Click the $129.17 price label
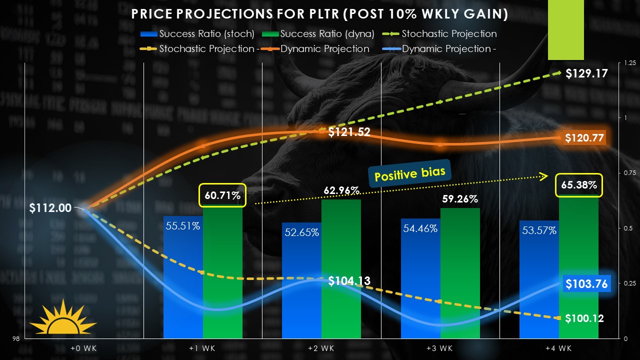586,74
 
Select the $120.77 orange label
584,138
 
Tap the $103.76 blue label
586,284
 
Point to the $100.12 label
584,318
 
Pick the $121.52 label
349,132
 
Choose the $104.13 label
349,281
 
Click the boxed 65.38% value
579,185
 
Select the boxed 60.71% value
222,195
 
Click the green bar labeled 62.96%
341,270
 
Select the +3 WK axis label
440,348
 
